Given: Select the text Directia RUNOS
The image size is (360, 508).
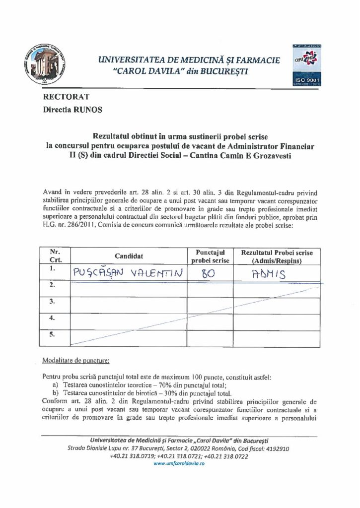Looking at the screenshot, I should coord(73,110).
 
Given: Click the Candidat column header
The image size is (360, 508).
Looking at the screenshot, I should coord(129,256).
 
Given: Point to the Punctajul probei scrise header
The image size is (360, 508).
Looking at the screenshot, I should coord(209,256).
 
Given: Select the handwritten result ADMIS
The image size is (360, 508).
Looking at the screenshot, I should coord(270,272).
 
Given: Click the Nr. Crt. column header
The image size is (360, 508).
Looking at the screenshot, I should coord(55,256).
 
